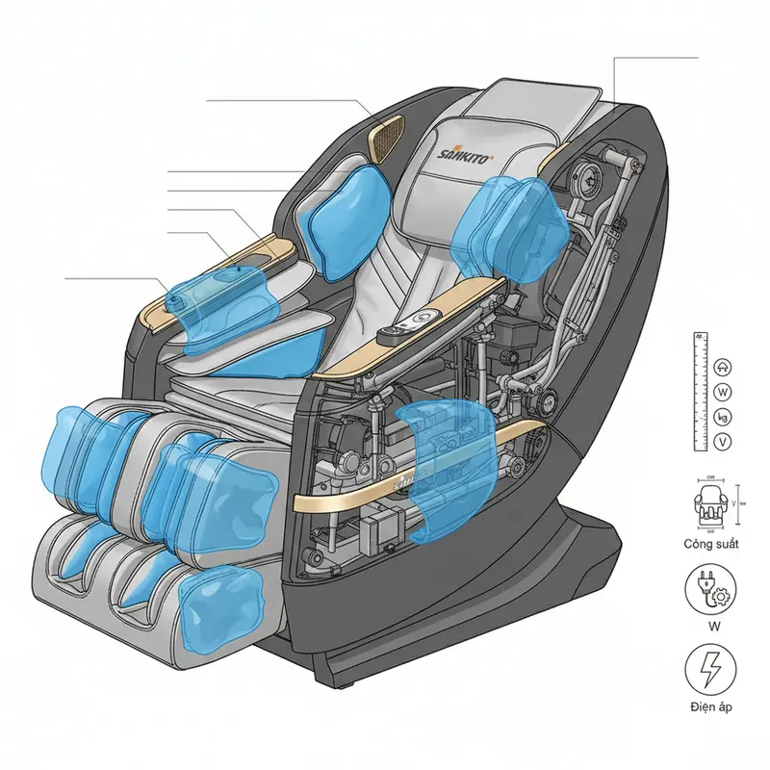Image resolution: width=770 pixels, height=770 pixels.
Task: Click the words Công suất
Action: (710, 544)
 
